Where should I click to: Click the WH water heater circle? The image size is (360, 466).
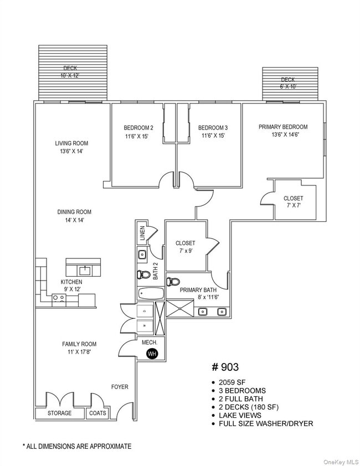[151, 354]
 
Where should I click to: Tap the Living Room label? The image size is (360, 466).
[71, 143]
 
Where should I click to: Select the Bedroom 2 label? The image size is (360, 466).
[138, 128]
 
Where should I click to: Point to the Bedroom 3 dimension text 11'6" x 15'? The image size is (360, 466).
[213, 136]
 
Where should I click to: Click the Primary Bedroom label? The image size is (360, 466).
[283, 127]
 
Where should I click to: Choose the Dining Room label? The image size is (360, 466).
[74, 212]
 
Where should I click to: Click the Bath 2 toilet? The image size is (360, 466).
[143, 275]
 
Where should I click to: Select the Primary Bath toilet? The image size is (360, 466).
[173, 281]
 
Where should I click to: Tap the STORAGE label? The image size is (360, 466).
[59, 413]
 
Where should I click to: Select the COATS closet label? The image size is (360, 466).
[98, 413]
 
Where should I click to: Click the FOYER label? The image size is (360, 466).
[120, 387]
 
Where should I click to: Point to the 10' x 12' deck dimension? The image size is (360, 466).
[70, 75]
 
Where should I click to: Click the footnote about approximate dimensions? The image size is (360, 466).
[76, 446]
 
